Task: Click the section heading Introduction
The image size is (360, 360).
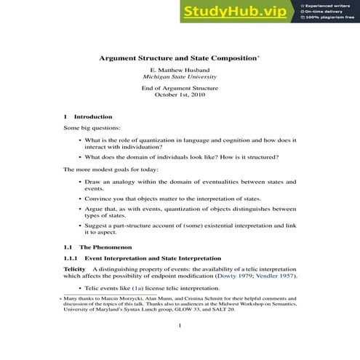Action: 93,116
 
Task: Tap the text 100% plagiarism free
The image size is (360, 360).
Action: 330,19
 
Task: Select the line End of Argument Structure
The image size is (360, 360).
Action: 180,87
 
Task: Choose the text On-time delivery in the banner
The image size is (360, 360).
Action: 326,12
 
